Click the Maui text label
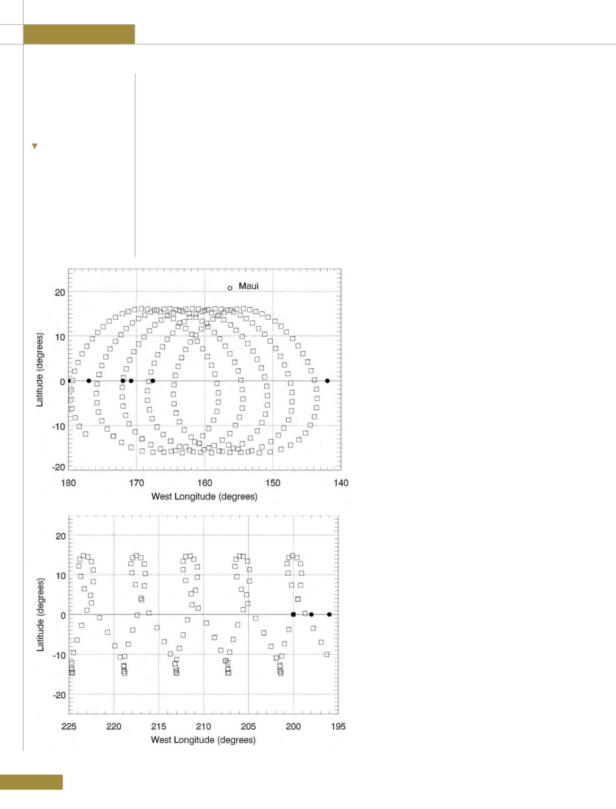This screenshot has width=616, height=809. click(x=249, y=286)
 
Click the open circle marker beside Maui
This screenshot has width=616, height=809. click(x=230, y=288)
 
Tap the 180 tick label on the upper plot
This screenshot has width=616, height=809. click(x=69, y=483)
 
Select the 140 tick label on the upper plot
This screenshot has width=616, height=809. click(x=341, y=483)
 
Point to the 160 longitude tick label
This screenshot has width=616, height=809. click(x=205, y=483)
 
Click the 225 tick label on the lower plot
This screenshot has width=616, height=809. click(x=69, y=726)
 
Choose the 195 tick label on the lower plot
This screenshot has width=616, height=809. click(x=338, y=726)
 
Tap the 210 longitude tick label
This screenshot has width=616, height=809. click(x=204, y=726)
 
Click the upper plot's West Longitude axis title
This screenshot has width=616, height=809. click(x=205, y=497)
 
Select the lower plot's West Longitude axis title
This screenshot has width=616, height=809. click(x=204, y=740)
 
